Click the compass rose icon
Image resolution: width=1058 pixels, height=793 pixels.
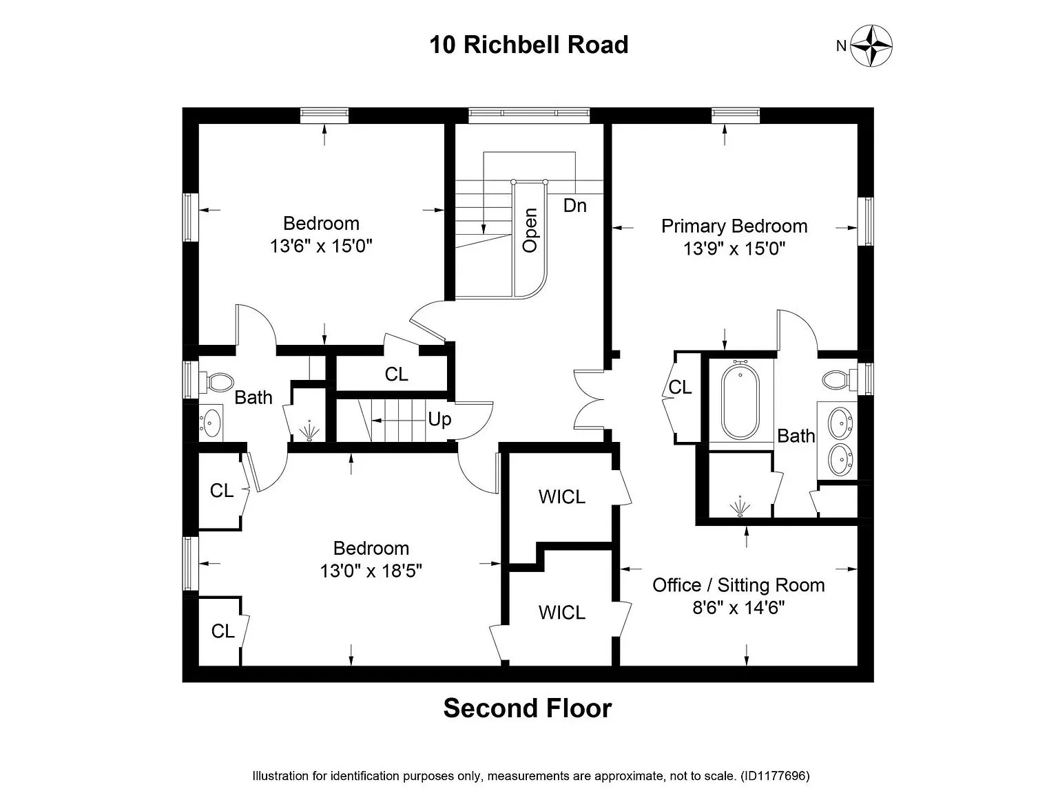pyautogui.click(x=871, y=45)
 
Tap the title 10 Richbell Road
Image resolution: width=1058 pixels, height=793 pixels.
pyautogui.click(x=528, y=45)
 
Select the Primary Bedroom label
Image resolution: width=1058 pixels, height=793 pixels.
pyautogui.click(x=734, y=226)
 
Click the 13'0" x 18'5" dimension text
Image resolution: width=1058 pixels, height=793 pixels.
pyautogui.click(x=371, y=571)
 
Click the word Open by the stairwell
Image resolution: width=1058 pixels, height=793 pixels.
pyautogui.click(x=530, y=231)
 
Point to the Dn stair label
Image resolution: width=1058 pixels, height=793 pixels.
pyautogui.click(x=574, y=205)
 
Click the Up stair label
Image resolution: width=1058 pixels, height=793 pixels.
pyautogui.click(x=439, y=419)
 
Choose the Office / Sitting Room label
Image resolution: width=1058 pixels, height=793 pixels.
pyautogui.click(x=738, y=585)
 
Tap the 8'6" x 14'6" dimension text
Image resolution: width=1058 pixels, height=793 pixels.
pyautogui.click(x=738, y=608)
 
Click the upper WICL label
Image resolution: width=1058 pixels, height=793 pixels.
pyautogui.click(x=561, y=496)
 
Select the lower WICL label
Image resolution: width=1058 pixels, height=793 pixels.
pyautogui.click(x=561, y=612)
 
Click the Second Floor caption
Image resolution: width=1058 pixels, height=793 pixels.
pyautogui.click(x=528, y=708)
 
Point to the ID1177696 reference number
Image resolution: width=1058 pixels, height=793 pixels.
pyautogui.click(x=775, y=776)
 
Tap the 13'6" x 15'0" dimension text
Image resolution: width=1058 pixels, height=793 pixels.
pyautogui.click(x=321, y=246)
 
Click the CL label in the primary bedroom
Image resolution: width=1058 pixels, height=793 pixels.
pyautogui.click(x=680, y=388)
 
